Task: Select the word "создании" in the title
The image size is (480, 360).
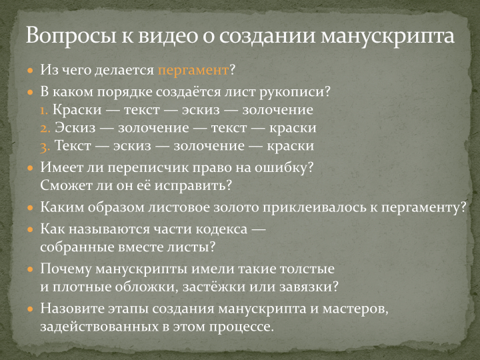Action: [267, 36]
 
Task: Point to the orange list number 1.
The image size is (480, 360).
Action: [44, 111]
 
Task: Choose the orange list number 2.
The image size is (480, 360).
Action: [45, 129]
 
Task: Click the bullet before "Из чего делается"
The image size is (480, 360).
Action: [30, 71]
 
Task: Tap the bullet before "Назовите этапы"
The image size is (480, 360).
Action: [30, 309]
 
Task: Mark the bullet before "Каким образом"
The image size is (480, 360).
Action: [30, 208]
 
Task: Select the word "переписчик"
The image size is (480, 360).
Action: [167, 168]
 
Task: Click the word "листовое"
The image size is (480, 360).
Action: [179, 207]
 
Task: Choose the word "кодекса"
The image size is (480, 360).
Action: [221, 229]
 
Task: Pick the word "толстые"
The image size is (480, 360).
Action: [307, 269]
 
